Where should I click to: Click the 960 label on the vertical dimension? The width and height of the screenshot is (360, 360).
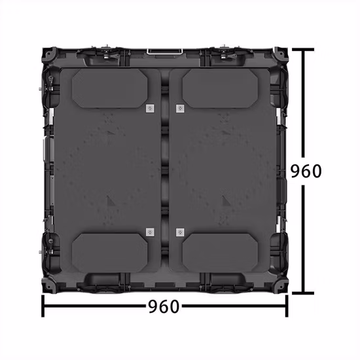pos(306,171)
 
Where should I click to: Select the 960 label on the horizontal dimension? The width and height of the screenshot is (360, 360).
pos(163,306)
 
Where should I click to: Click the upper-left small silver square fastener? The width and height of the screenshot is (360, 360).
pos(149,108)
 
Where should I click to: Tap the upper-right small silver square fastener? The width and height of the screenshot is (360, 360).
pos(179,108)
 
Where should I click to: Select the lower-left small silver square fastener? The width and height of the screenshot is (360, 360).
pos(149,232)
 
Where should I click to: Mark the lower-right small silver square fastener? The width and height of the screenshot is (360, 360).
pos(179,232)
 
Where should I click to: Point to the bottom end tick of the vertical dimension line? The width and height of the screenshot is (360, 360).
pos(303,294)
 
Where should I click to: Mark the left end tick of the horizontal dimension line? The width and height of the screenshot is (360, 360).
pos(43,305)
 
